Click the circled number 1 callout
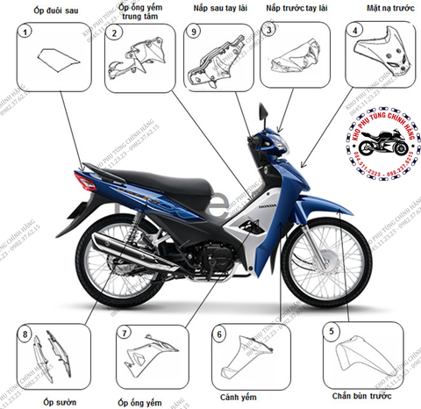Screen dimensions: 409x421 tap(26, 33)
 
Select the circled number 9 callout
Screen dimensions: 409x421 tap(195, 32)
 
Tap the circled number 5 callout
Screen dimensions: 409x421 tap(331, 331)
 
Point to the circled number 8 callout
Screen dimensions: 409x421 tap(26, 334)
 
